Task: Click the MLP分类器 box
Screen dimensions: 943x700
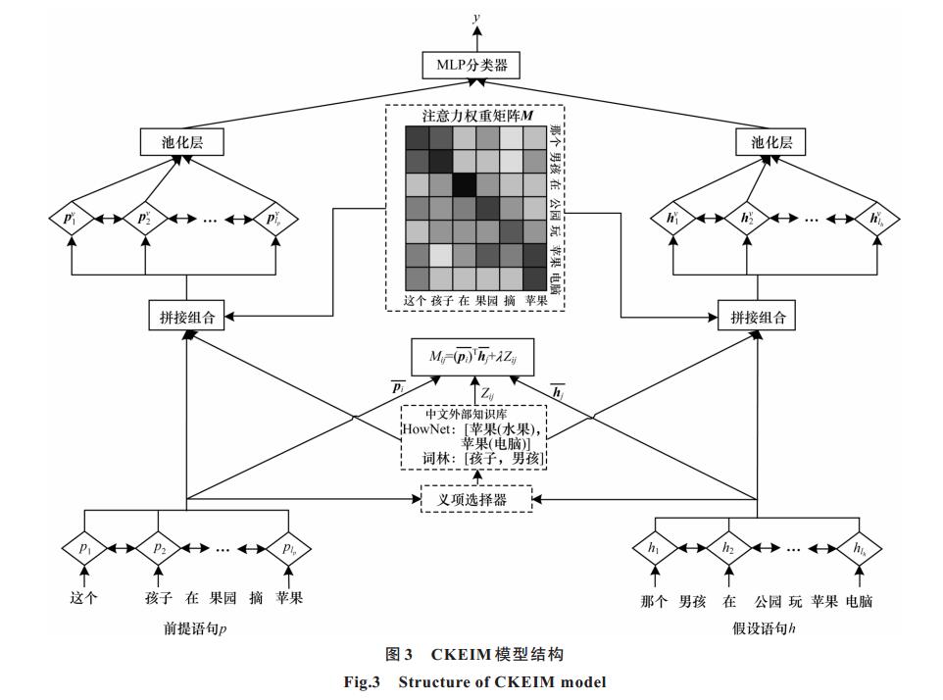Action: click(x=471, y=65)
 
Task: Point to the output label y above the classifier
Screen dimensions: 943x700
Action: click(x=476, y=17)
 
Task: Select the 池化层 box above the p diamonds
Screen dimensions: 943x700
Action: click(x=181, y=142)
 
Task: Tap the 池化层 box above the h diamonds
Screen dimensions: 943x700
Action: click(x=770, y=142)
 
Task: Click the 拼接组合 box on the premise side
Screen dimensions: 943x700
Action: click(x=186, y=317)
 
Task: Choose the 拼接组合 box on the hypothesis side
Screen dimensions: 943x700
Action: click(x=757, y=317)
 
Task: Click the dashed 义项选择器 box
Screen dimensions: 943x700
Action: click(x=476, y=499)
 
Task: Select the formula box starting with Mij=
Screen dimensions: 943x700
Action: click(x=472, y=357)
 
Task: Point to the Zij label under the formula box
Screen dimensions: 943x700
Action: click(x=488, y=394)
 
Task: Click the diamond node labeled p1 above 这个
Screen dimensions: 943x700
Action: click(x=85, y=548)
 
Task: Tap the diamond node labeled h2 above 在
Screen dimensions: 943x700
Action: click(x=728, y=548)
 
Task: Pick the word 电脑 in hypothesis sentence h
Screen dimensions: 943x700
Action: click(x=859, y=601)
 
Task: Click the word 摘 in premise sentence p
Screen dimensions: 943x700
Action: click(x=256, y=598)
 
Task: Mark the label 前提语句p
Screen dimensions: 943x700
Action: click(x=195, y=629)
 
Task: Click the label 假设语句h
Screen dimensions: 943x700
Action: click(x=764, y=629)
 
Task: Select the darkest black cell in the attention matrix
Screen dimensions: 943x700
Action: click(x=465, y=184)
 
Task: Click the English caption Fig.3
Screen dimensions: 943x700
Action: click(x=362, y=682)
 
